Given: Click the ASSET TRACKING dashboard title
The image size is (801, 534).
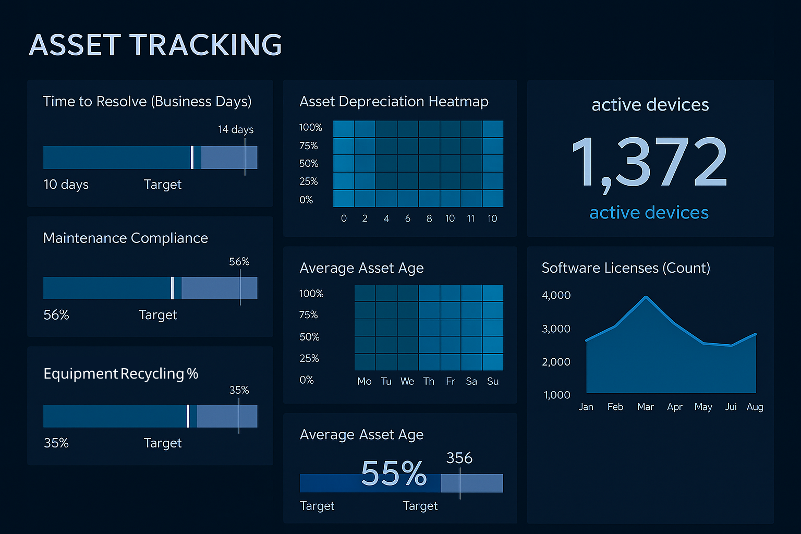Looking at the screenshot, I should click(x=155, y=45).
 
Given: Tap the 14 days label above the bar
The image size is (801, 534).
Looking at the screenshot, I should click(x=236, y=129).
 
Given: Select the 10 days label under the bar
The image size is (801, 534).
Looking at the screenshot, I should click(x=66, y=185).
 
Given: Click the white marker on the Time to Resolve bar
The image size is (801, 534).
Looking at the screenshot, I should click(x=192, y=157).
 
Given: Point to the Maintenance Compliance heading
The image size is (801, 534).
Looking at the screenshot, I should click(x=125, y=238).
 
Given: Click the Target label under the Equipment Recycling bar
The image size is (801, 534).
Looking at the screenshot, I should click(x=163, y=443).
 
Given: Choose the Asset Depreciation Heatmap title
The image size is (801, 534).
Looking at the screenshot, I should click(x=394, y=102).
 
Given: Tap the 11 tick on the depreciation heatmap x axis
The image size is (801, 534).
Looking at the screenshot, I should click(x=471, y=219).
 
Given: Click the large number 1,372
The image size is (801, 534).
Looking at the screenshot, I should click(x=649, y=162).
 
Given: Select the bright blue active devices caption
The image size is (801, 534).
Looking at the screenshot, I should click(x=649, y=213).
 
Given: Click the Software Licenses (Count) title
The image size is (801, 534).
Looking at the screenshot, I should click(x=626, y=268).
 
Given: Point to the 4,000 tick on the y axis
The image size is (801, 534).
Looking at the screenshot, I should click(x=556, y=295).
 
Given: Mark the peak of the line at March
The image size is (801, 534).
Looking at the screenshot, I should click(x=646, y=297).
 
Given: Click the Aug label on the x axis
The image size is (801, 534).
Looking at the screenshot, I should click(x=755, y=407).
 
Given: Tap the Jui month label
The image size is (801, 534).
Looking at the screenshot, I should click(x=731, y=407).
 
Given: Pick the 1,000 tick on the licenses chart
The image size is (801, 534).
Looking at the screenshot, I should click(x=556, y=395).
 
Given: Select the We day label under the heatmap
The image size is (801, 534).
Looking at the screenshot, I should click(x=407, y=381).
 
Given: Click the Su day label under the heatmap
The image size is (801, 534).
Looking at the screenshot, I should click(x=493, y=381).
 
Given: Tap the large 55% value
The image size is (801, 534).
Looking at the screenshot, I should click(x=394, y=473).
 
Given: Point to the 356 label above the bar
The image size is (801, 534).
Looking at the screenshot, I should click(x=459, y=458).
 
